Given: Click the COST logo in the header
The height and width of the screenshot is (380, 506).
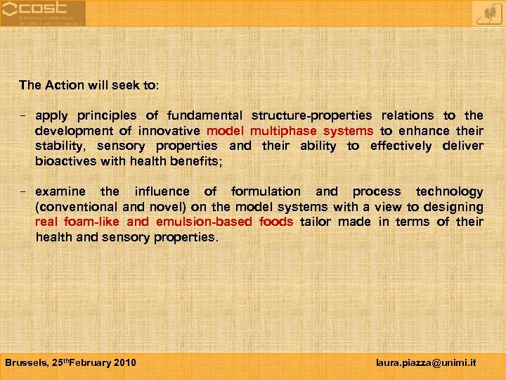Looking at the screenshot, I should [x=42, y=13].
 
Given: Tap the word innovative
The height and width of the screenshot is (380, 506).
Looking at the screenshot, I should [x=169, y=131].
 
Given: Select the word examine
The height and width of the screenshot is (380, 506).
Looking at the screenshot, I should [x=60, y=191].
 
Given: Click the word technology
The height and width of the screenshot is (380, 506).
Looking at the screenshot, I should [x=449, y=191].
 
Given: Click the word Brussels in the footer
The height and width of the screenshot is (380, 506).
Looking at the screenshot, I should [x=26, y=362].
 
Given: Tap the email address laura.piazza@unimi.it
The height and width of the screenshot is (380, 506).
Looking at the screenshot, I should [x=426, y=362].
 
